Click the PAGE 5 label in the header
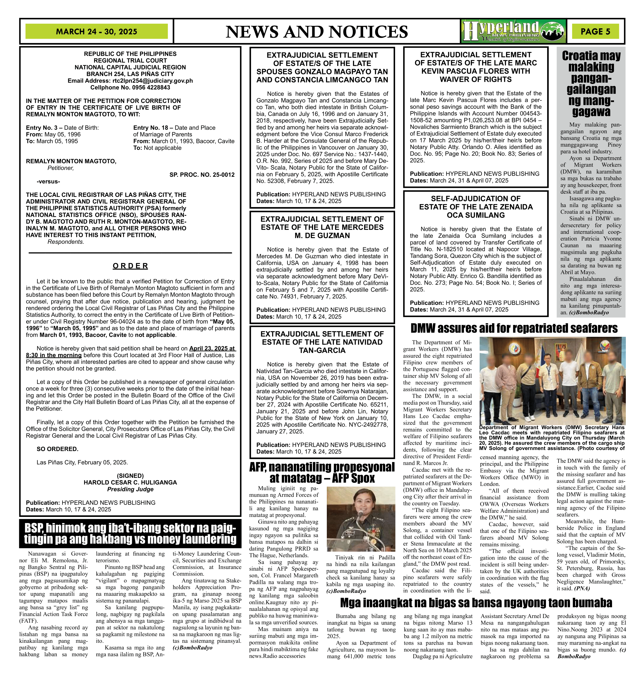point(595,32)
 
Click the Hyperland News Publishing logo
point(513,31)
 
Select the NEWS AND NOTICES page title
point(317,32)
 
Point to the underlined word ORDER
point(131,266)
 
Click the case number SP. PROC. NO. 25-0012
point(202,175)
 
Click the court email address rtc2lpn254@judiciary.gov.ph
point(153,81)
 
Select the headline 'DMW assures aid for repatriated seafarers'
point(514,329)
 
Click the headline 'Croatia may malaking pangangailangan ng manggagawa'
point(591,84)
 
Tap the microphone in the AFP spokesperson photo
point(360,514)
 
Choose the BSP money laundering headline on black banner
point(130,533)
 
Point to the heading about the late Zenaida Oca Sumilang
point(475,207)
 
